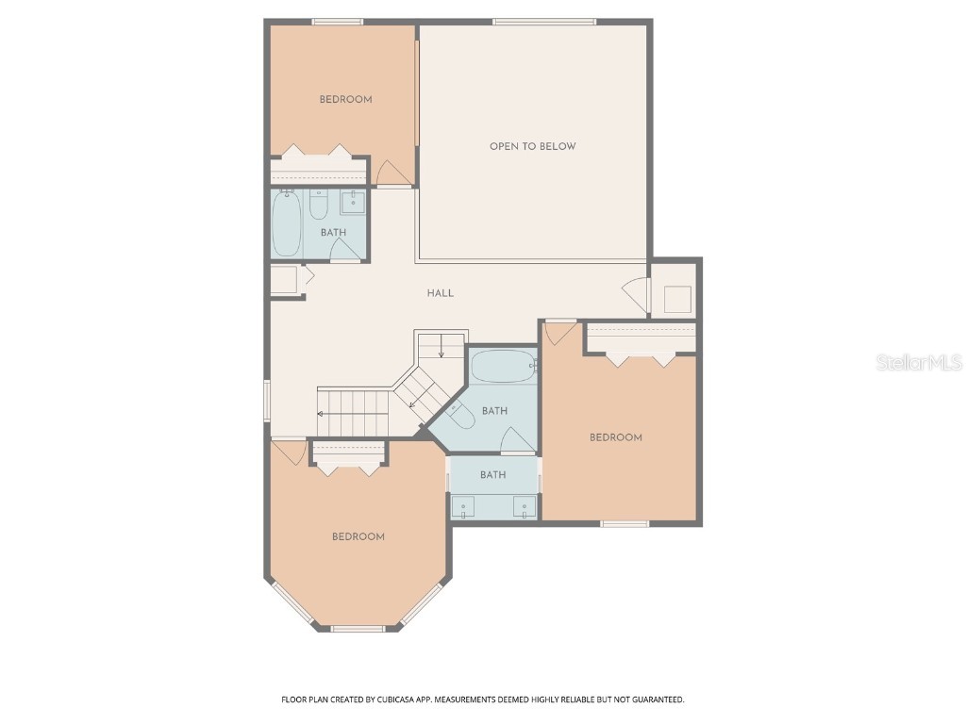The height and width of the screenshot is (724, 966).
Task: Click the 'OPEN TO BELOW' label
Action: coord(532,146)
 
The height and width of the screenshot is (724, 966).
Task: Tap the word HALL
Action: coord(441,293)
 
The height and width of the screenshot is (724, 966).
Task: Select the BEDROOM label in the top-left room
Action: coord(345,99)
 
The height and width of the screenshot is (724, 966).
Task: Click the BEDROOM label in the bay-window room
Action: coord(358,536)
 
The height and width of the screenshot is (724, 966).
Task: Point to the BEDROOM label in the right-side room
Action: coord(616,437)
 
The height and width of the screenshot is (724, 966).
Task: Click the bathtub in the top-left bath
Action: coord(287,224)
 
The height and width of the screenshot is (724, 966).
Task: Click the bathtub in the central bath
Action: coord(503,366)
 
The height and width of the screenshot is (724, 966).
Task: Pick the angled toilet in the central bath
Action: coord(461,415)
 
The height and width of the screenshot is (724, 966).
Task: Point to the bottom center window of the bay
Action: coord(358,628)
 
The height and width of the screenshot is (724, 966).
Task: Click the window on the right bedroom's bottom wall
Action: coord(625,523)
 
